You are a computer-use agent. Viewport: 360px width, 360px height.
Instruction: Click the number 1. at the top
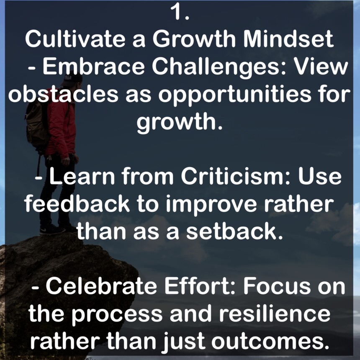[180, 13]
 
